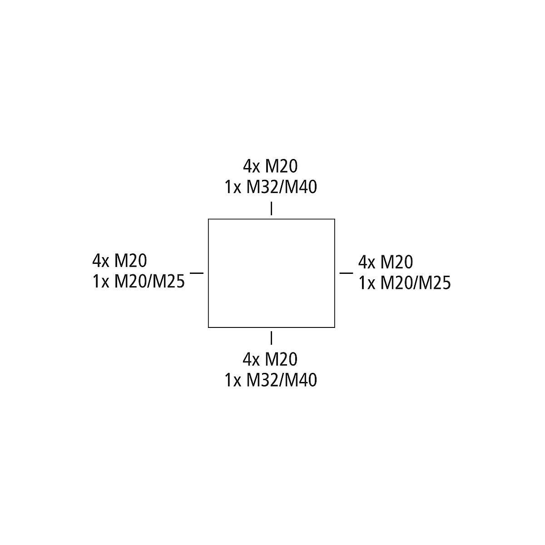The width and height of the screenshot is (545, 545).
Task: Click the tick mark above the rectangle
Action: point(271,208)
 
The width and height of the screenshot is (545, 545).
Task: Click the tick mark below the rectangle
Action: point(271,338)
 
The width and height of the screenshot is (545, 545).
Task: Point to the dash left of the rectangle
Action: point(197,272)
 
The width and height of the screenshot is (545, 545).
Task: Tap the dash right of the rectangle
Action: point(346,272)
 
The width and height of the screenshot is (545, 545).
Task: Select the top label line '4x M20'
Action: point(270,167)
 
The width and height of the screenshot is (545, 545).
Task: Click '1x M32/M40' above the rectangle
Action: point(271,187)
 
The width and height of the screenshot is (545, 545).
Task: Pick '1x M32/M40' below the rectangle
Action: point(271,380)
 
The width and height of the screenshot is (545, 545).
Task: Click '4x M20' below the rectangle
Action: point(270,359)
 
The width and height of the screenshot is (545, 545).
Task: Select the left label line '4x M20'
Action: point(119,261)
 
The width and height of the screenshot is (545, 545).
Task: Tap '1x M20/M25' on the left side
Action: point(139,282)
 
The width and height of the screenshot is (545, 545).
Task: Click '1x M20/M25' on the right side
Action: point(405,283)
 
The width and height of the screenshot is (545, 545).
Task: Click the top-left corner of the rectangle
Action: point(208,219)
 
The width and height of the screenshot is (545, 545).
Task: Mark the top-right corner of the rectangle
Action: point(335,219)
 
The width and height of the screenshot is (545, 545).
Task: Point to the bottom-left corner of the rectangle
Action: point(208,327)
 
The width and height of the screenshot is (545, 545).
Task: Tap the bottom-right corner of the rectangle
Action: point(335,327)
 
